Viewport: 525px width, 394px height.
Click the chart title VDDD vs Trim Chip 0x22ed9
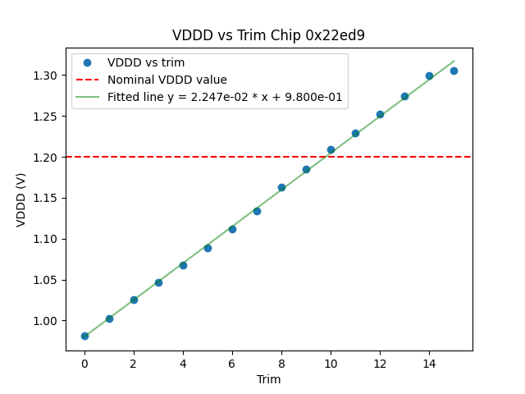point(268,35)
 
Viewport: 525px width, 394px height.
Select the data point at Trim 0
point(84,336)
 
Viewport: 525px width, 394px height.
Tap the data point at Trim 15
point(454,71)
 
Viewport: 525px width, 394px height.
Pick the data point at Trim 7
point(257,211)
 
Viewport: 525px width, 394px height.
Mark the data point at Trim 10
point(331,149)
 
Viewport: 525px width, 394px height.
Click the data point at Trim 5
point(208,248)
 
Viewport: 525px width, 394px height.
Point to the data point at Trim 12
point(380,114)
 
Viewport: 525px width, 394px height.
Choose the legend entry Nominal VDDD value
point(167,80)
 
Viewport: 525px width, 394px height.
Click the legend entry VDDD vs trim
point(146,62)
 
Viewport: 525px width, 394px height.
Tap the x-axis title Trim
point(268,379)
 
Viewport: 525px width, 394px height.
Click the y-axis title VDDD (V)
point(22,199)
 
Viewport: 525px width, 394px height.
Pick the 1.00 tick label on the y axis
point(46,321)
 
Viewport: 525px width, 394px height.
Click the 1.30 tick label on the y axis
point(46,75)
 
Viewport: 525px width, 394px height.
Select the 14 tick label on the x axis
point(429,364)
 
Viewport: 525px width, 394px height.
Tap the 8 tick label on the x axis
point(281,364)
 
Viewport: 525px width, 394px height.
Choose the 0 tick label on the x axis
point(84,364)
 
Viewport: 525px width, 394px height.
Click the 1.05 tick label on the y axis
point(46,280)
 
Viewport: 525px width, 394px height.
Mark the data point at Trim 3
point(158,282)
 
